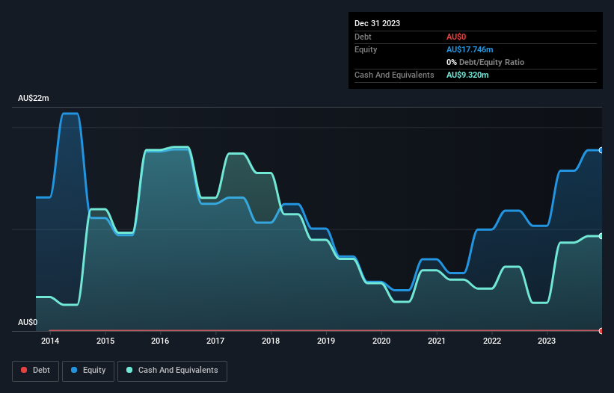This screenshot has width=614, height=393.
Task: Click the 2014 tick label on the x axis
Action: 50,341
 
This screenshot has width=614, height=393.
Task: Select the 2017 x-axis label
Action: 215,341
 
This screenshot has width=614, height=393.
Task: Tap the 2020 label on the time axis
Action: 381,341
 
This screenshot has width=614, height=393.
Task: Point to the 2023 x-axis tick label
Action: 547,341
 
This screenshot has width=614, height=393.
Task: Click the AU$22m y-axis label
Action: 34,99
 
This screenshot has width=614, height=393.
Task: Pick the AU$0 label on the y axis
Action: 28,322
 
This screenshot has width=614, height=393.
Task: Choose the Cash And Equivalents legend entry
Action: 172,371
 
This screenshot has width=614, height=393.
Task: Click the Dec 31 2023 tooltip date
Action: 378,23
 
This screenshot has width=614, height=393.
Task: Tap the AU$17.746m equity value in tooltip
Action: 469,49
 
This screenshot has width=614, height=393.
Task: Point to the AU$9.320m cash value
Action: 467,75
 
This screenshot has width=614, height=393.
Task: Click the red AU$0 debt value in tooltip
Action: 456,37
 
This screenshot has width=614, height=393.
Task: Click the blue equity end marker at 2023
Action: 601,150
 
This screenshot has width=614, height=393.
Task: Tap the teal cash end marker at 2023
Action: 601,236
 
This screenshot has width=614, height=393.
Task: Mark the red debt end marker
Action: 601,330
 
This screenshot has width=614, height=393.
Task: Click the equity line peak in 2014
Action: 70,114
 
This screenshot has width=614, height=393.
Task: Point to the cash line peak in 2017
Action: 236,154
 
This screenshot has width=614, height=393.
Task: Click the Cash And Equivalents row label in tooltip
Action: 394,75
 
